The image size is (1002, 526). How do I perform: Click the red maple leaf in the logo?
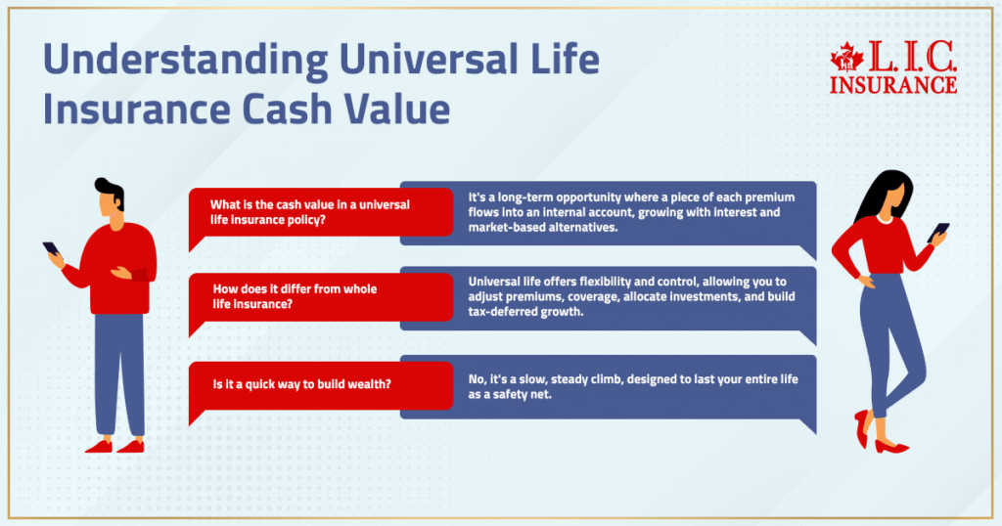coord(846,60)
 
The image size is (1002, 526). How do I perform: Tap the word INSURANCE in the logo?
coord(892,85)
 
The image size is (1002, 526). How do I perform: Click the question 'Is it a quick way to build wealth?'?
coord(302,383)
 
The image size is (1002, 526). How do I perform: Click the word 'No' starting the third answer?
coord(477,380)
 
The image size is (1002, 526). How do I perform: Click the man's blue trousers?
coord(119,372)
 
